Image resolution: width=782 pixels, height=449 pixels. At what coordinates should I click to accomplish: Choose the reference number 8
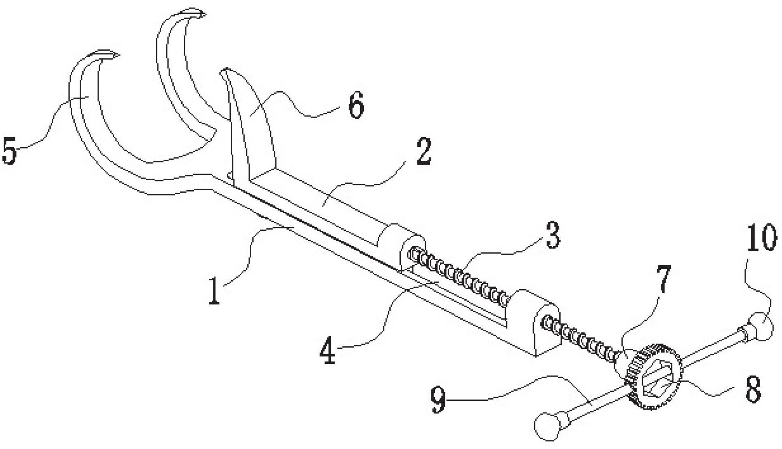753,388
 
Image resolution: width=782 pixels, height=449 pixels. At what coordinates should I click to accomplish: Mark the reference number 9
439,400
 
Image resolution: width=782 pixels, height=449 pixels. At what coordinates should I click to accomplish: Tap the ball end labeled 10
758,327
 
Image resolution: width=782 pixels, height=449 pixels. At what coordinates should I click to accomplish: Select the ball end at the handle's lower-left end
548,425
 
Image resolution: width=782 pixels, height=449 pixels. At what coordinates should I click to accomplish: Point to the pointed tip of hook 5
119,55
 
